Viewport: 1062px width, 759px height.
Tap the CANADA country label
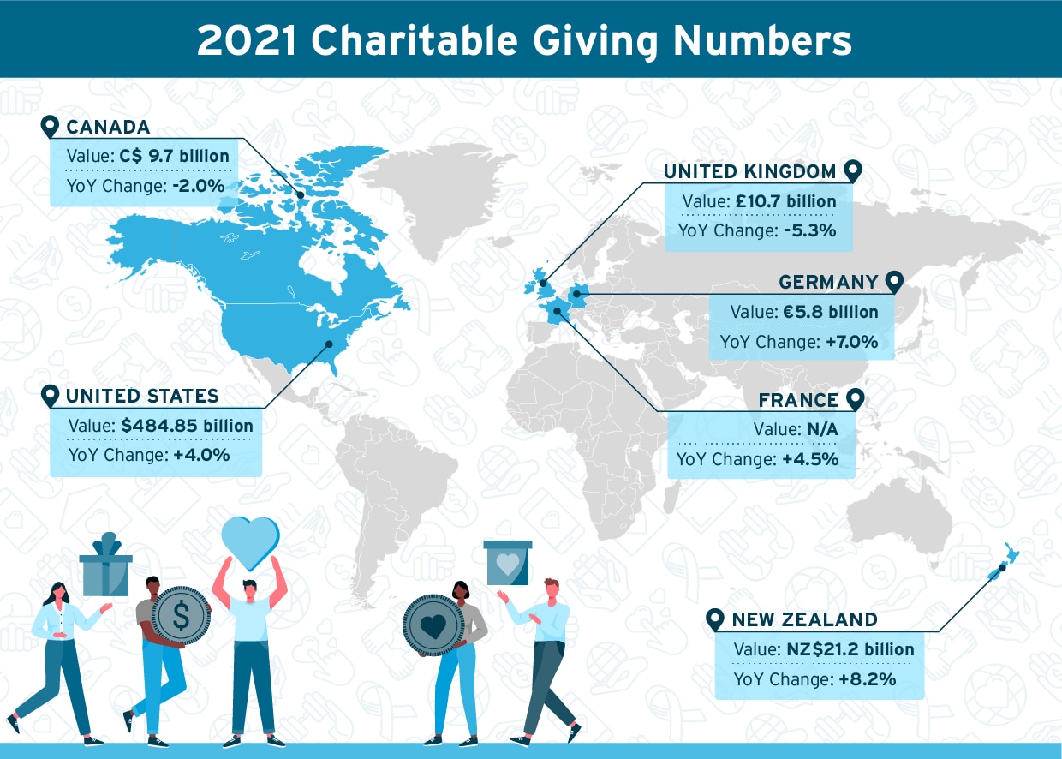(108, 128)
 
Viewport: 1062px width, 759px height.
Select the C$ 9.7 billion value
(175, 157)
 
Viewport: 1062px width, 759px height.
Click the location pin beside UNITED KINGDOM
(852, 171)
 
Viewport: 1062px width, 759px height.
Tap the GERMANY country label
(828, 283)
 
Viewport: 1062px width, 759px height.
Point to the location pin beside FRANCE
(854, 400)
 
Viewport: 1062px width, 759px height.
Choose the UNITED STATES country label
(142, 396)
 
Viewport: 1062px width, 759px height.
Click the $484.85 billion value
(188, 426)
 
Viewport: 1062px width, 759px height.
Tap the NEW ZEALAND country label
(804, 620)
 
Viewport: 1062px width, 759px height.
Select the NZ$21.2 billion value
(850, 650)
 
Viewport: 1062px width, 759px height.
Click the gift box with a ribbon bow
(106, 567)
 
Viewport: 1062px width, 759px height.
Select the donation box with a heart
(508, 564)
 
